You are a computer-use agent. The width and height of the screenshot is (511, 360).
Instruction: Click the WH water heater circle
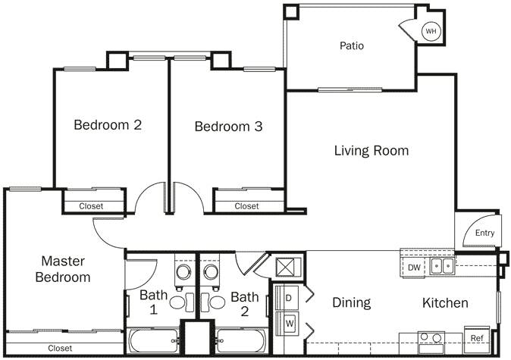click(431, 31)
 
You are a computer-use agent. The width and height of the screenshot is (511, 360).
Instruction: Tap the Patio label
click(351, 45)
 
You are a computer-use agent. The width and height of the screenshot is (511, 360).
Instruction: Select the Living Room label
click(371, 151)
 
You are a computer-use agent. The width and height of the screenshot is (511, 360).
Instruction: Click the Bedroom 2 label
click(108, 125)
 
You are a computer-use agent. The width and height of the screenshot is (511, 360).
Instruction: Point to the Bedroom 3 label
click(228, 127)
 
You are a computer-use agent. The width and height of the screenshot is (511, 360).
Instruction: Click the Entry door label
click(484, 233)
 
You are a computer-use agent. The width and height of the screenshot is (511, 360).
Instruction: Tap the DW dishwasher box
click(414, 267)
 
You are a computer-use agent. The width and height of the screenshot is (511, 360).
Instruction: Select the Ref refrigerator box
click(477, 338)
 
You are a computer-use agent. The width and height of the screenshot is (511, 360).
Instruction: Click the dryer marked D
click(289, 298)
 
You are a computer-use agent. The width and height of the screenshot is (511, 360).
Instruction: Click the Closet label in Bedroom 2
click(91, 206)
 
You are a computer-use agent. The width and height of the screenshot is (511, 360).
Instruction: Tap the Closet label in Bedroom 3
click(246, 206)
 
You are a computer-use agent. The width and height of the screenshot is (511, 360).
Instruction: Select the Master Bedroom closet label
click(60, 349)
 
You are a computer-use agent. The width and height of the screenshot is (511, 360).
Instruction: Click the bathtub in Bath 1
click(153, 340)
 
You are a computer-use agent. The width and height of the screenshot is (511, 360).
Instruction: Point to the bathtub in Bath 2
click(241, 340)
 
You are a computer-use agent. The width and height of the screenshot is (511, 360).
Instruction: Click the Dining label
click(352, 303)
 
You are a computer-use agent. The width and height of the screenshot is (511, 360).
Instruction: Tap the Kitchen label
click(445, 303)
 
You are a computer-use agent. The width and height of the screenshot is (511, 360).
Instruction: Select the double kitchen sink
click(442, 266)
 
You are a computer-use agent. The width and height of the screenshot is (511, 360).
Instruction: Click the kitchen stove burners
click(432, 339)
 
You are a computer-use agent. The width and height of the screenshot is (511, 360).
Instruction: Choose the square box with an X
click(290, 267)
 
